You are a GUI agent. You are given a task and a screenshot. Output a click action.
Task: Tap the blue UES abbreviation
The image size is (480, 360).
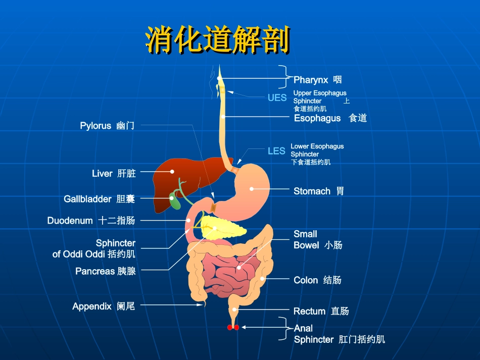tap(277, 97)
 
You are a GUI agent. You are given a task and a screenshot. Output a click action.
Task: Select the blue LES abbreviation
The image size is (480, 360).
tap(276, 151)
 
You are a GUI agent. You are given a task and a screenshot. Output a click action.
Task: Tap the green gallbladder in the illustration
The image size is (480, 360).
tap(175, 201)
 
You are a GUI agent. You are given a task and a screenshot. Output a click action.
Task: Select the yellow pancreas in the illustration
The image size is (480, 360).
tap(222, 228)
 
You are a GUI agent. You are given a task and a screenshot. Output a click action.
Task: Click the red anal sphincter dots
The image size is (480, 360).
tap(233, 328)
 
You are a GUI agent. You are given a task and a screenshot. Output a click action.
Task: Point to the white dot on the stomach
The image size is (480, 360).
tap(251, 189)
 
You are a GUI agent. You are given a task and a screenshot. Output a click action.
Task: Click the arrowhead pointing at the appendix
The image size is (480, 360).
tap(200, 304)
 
